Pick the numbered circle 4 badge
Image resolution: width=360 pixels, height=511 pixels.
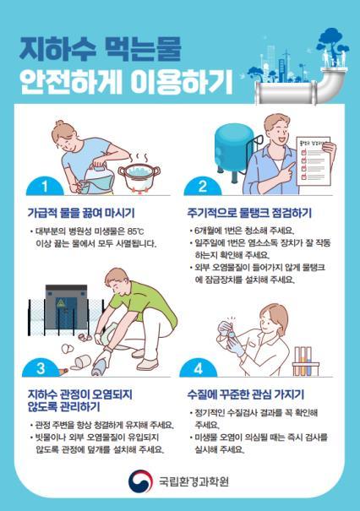click(203, 367)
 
